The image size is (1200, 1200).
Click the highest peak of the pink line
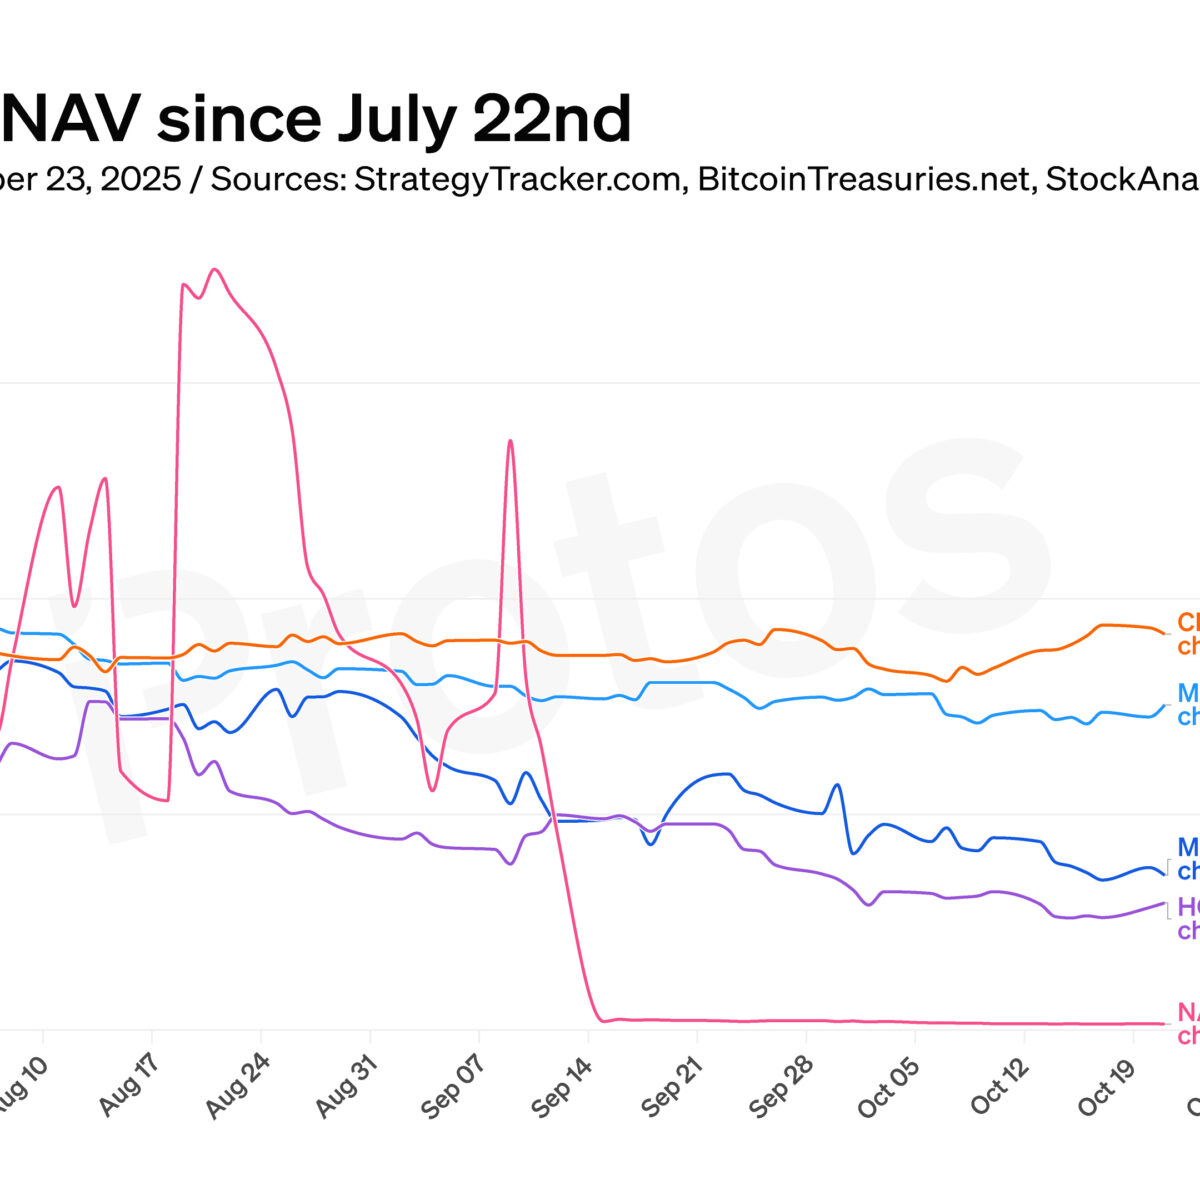[x=214, y=269]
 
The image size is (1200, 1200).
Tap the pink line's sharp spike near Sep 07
[x=510, y=441]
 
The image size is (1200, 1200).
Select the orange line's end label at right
[x=1188, y=632]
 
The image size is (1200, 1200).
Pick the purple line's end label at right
[x=1188, y=918]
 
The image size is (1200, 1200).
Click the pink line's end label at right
[x=1188, y=1023]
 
